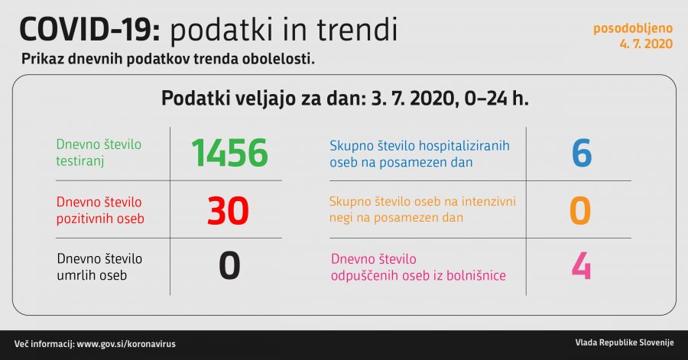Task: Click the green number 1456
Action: point(229,153)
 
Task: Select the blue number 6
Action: point(581,153)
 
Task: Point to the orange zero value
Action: point(581,210)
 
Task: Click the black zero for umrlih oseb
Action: point(229,266)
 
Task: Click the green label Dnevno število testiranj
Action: point(99,152)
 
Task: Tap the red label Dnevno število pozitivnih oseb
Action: point(100,210)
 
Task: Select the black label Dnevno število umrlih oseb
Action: point(99,267)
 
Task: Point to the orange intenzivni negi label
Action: point(423,210)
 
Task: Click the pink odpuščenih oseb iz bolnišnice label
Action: point(417,267)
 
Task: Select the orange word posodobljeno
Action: point(633,28)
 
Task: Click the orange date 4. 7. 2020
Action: point(646,44)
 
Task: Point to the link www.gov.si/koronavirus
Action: point(125,344)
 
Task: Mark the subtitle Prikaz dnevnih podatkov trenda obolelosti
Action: point(168,59)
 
